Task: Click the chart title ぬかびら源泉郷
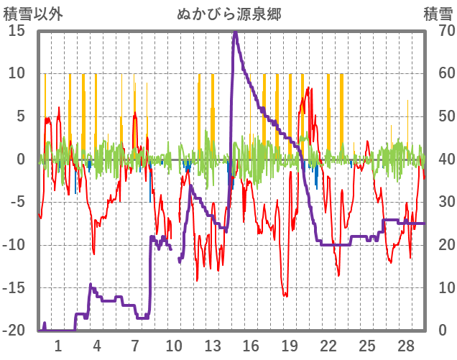coord(229,14)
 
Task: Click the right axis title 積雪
coord(437,14)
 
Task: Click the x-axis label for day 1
coord(58,345)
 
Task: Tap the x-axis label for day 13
coord(212,345)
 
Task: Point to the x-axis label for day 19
coord(289,345)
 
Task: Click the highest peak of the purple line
coord(234,32)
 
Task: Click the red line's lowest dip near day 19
coord(285,295)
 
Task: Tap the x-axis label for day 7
coord(135,345)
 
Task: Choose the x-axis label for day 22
coord(328,345)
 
